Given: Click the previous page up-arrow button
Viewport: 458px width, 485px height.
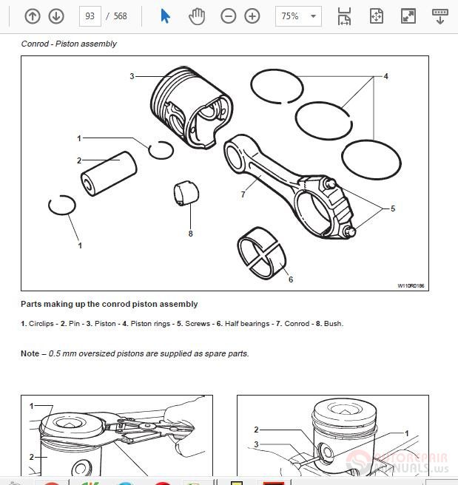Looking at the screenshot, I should point(32,16).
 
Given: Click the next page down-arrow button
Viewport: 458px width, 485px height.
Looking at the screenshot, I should point(56,16).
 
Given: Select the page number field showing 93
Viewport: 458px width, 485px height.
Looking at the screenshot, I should point(90,16).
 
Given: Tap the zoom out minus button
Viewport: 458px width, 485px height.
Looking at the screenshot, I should point(229,16).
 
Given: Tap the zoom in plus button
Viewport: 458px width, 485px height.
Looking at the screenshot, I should point(252,16).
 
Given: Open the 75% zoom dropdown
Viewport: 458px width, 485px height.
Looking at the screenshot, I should point(298,16).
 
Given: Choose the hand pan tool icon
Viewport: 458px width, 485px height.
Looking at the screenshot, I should point(197,16).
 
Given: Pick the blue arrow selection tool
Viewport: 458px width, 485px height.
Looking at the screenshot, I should point(165,16).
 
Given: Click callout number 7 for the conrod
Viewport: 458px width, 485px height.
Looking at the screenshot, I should point(243,194).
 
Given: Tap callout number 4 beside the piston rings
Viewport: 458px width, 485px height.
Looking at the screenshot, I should point(385,76).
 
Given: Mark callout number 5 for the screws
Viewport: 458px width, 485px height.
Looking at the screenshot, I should point(393,208).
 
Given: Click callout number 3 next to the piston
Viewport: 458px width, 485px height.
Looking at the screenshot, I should point(132,76).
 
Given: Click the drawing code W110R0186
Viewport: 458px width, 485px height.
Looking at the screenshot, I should point(411,285).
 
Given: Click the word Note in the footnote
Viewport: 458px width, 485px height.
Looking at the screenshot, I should point(30,353).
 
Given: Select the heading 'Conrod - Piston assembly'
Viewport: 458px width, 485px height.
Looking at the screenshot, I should point(69,44).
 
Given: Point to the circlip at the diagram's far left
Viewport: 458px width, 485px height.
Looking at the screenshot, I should point(61,206).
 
